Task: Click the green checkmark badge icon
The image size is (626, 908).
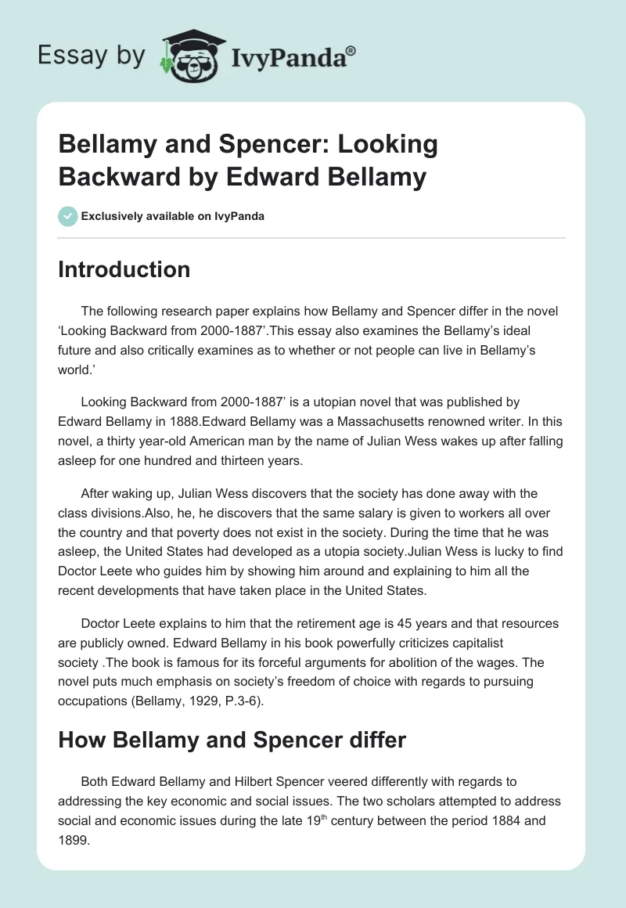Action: [x=67, y=216]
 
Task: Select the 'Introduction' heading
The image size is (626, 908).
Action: [x=124, y=269]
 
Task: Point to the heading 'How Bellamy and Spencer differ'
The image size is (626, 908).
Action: [x=232, y=739]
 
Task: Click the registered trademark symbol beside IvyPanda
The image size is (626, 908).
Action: [x=351, y=49]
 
